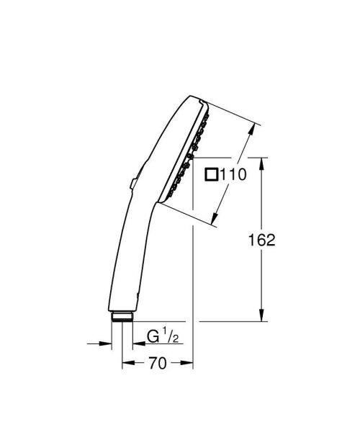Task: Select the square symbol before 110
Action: click(212, 174)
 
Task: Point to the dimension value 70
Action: click(158, 364)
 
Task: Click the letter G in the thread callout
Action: click(152, 337)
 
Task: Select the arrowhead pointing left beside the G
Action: click(135, 343)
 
